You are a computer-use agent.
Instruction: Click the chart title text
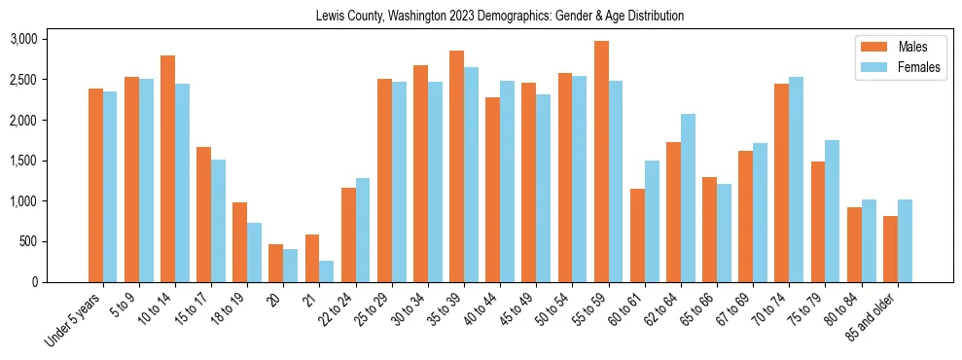coord(499,17)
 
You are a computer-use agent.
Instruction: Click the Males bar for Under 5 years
coord(95,185)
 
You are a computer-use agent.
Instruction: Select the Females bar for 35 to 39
coord(472,174)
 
